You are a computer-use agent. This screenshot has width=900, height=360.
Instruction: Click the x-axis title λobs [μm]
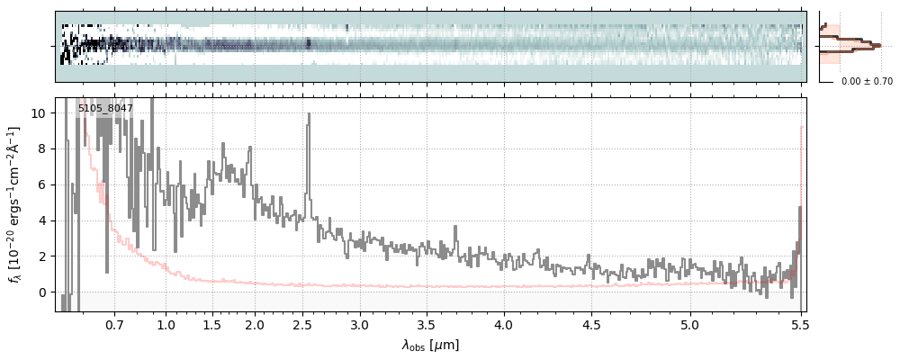[x=430, y=345]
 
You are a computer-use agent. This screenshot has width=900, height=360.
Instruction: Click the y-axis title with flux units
[x=15, y=204]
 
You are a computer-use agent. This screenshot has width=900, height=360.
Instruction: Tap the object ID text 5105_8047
[x=105, y=109]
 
